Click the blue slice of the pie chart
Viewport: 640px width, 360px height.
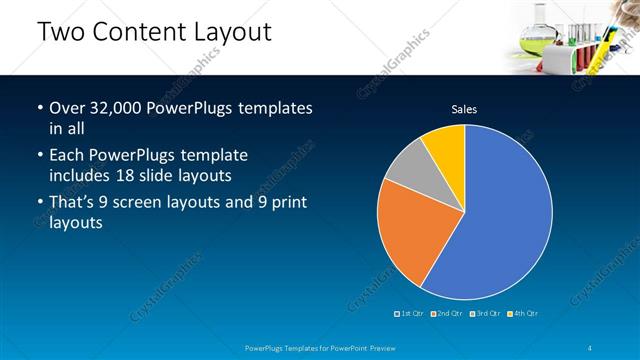pyautogui.click(x=495, y=215)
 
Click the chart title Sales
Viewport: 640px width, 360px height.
pyautogui.click(x=464, y=109)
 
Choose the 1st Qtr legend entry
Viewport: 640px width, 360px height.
pyautogui.click(x=411, y=314)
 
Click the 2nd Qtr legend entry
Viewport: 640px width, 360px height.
pyautogui.click(x=449, y=314)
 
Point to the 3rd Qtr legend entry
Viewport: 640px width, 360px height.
pyautogui.click(x=486, y=314)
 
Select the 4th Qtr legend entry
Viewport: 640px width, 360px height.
pyautogui.click(x=523, y=314)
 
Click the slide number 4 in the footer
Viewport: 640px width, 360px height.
pyautogui.click(x=594, y=347)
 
